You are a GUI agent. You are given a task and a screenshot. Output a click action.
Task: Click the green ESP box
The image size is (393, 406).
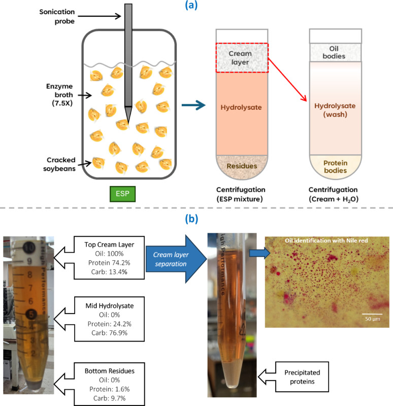click(x=122, y=194)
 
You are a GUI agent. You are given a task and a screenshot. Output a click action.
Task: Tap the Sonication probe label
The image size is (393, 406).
click(x=57, y=16)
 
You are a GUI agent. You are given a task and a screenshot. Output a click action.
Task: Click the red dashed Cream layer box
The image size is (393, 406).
click(x=242, y=58)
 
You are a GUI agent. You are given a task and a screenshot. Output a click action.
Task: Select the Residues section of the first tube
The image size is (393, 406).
click(x=242, y=166)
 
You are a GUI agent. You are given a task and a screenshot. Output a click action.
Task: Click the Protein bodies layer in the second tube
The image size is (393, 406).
click(x=335, y=167)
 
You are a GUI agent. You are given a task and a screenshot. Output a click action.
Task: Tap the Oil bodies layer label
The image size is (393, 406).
click(x=334, y=52)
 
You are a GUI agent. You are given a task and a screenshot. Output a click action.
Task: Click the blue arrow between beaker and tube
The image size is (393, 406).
click(x=193, y=105)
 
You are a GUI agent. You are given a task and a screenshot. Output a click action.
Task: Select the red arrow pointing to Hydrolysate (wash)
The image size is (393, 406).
click(x=287, y=79)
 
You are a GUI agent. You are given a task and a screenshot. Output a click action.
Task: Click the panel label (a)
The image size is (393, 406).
click(x=191, y=5)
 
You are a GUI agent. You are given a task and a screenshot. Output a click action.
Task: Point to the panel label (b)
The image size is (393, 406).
click(x=191, y=219)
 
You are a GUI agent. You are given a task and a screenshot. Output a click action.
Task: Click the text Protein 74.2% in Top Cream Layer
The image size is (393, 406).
click(x=109, y=263)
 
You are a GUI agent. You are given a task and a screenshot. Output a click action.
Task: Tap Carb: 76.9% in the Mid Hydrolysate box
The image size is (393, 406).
click(x=110, y=333)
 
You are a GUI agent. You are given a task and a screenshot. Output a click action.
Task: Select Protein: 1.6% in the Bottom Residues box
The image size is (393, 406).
click(x=110, y=389)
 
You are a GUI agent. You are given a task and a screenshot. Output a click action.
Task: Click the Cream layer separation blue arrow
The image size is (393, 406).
click(x=176, y=259)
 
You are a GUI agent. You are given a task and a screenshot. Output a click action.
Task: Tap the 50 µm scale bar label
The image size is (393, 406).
click(x=373, y=319)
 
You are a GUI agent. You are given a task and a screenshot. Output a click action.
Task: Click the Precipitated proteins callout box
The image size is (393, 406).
click(x=302, y=377)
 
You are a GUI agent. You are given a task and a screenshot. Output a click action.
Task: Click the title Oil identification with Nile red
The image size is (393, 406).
click(x=326, y=240)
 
